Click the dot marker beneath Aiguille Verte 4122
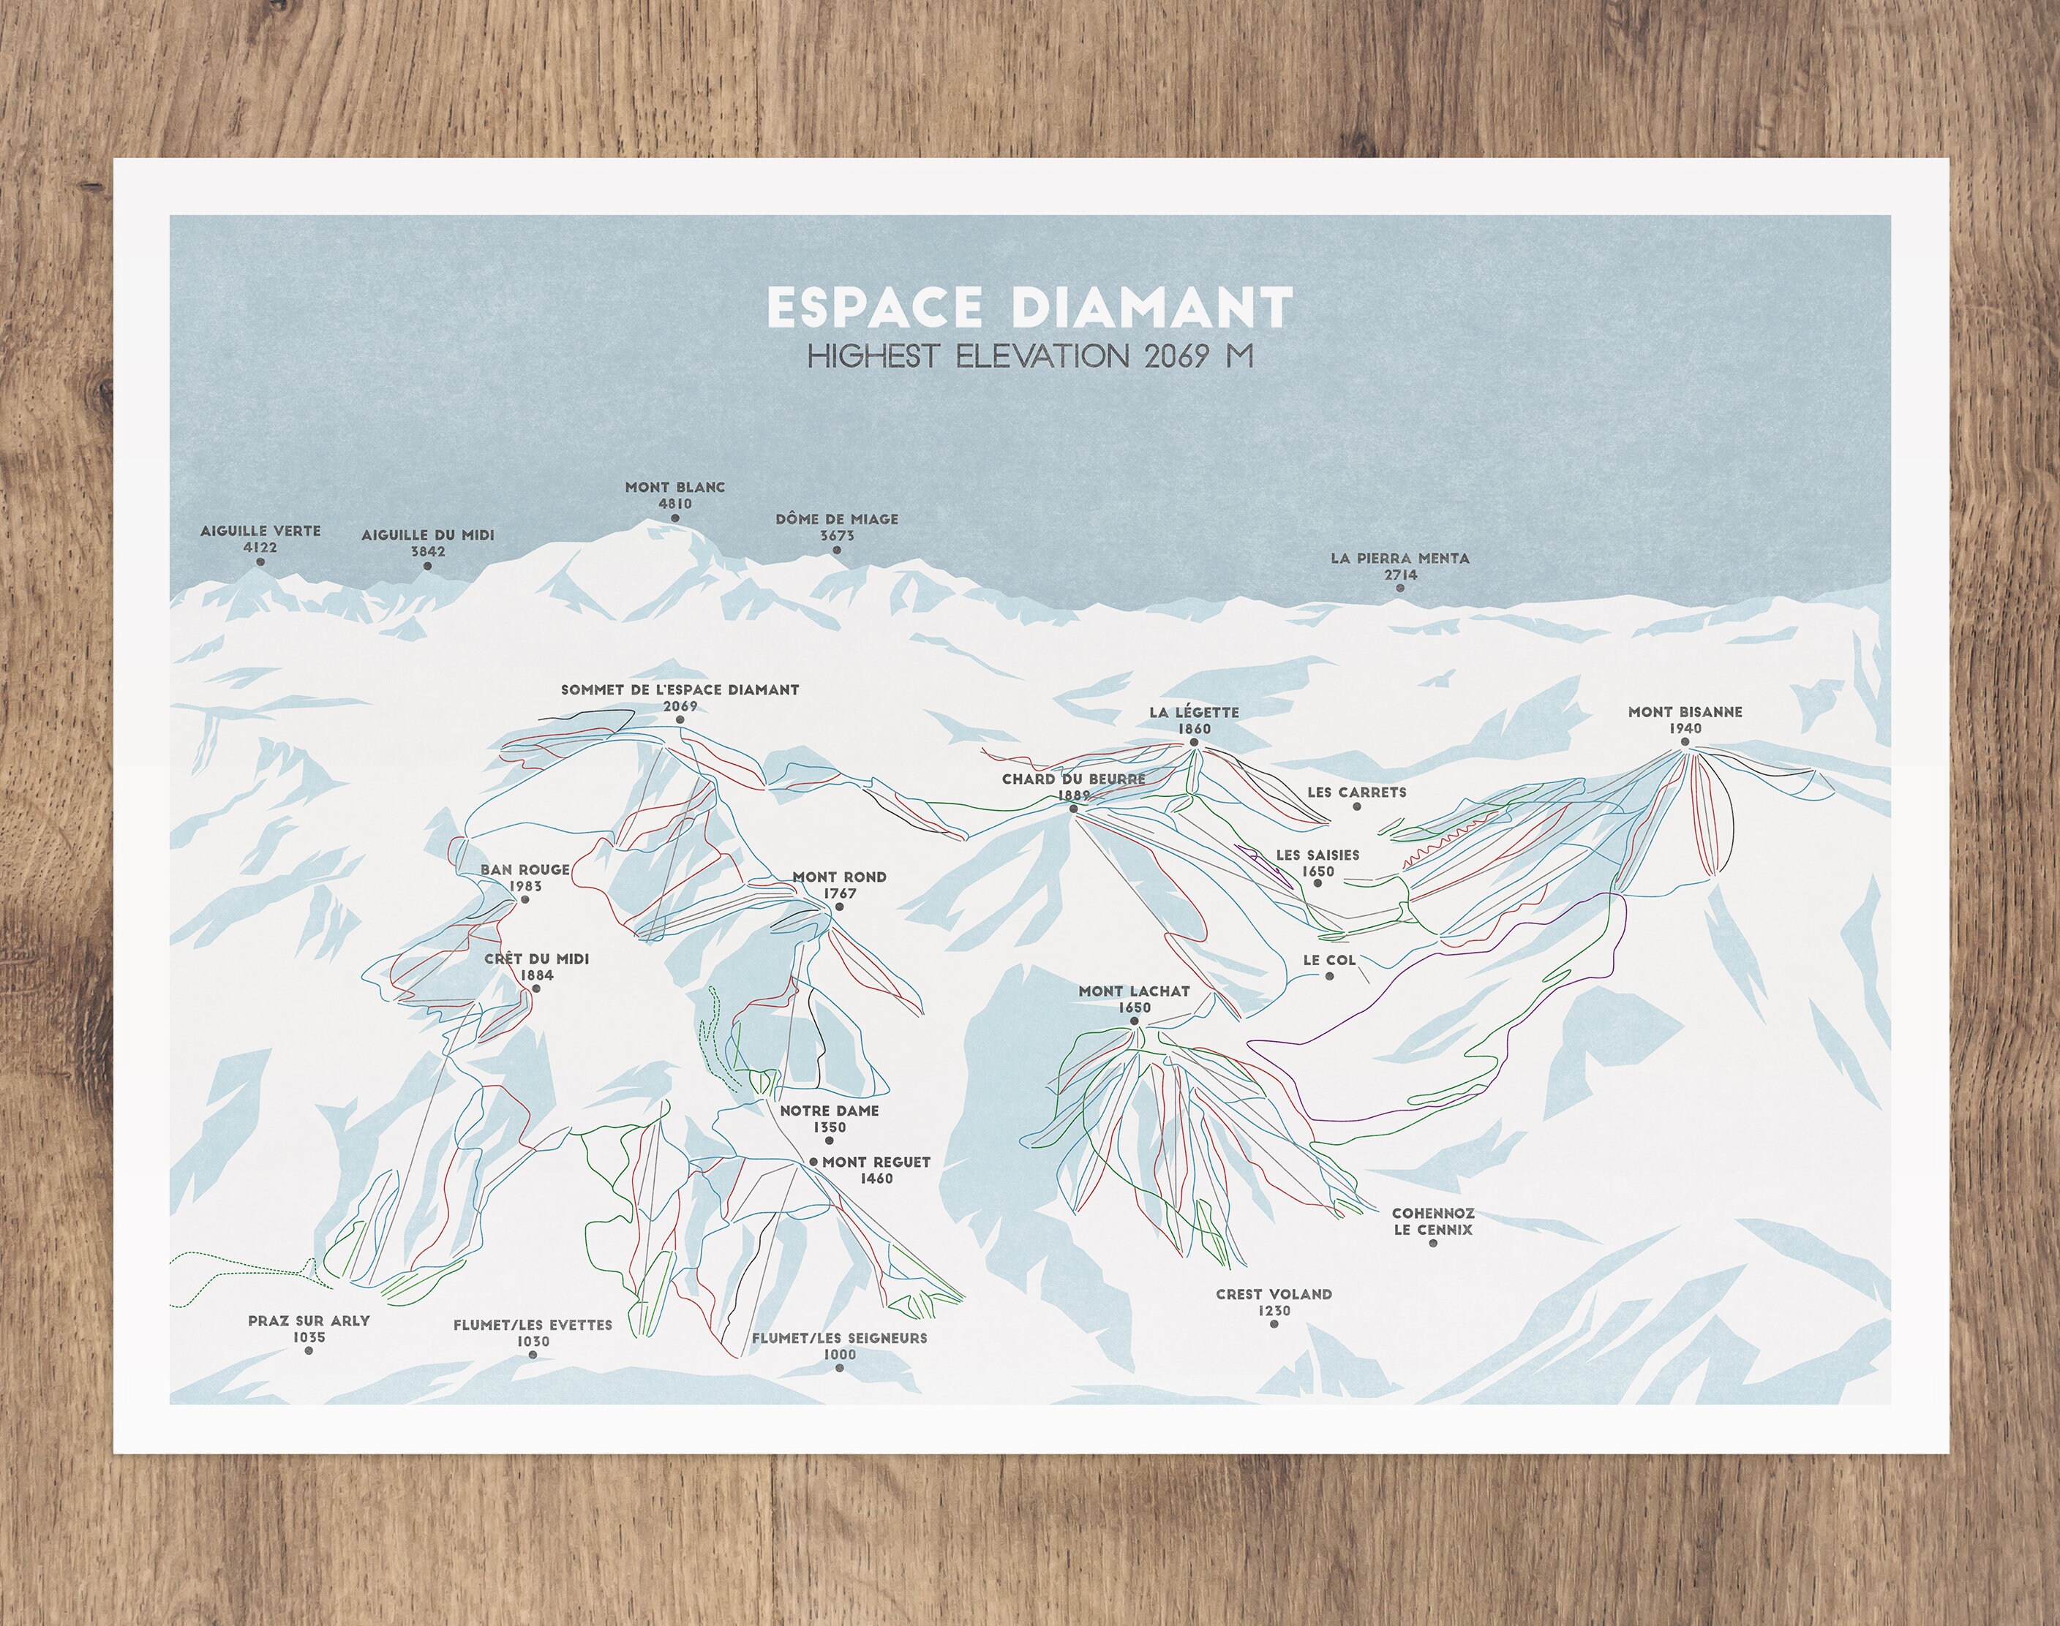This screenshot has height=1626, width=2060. [260, 563]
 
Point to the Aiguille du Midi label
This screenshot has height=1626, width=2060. [428, 536]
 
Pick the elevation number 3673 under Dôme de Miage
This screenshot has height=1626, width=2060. [837, 536]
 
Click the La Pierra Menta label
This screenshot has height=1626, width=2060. [1400, 559]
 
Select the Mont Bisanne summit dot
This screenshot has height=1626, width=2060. [1684, 743]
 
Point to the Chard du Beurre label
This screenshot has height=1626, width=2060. [1073, 779]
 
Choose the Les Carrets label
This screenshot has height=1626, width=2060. [1356, 792]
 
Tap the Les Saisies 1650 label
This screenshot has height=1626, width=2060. [1317, 863]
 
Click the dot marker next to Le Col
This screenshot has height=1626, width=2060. [1329, 977]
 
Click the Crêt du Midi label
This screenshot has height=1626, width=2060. [536, 960]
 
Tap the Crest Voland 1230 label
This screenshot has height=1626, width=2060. [1274, 1301]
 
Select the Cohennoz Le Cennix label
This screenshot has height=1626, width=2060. [1432, 1222]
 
